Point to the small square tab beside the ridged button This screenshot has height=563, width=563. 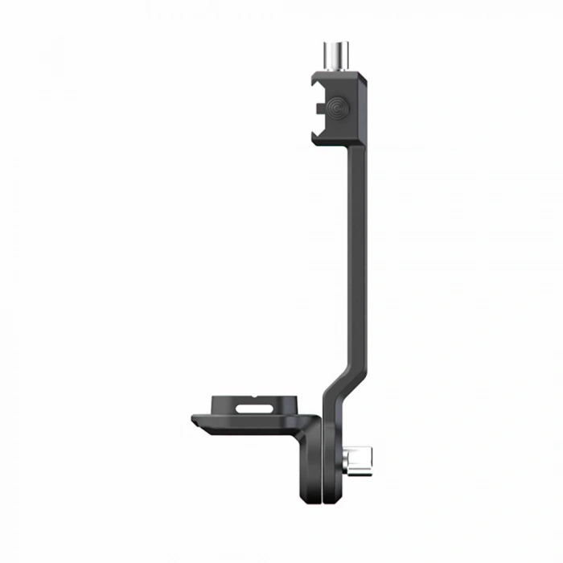click(x=321, y=105)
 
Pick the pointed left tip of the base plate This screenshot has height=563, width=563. click(x=194, y=420)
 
